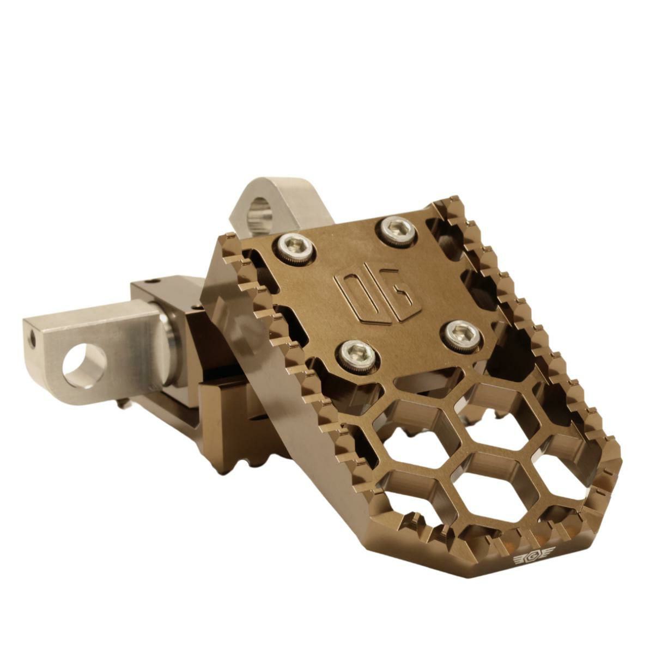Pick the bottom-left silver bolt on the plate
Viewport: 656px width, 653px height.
click(x=356, y=354)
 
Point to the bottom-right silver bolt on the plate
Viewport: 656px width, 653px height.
click(x=462, y=335)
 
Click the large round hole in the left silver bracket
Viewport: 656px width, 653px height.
click(x=84, y=367)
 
